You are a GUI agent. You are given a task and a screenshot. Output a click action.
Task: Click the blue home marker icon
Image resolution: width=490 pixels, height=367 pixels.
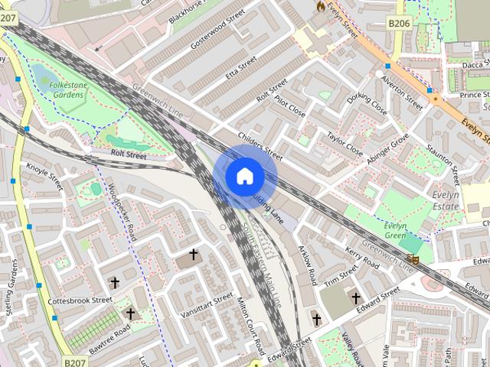point(244,177)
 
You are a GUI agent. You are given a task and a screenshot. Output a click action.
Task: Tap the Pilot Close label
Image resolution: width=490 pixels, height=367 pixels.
point(291,107)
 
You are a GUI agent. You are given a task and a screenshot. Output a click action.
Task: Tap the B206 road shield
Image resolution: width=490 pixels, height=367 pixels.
point(398,24)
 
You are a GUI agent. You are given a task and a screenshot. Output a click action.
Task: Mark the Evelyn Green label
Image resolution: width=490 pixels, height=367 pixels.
point(395,231)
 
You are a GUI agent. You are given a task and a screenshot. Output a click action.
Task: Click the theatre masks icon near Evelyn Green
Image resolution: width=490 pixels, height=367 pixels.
point(414,260)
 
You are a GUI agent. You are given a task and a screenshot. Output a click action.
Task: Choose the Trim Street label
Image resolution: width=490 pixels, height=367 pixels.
point(341,275)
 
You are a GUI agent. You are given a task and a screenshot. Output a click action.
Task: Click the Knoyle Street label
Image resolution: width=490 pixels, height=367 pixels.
point(44,175)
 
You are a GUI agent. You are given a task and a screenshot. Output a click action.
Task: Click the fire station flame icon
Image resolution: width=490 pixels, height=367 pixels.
point(319,5)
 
